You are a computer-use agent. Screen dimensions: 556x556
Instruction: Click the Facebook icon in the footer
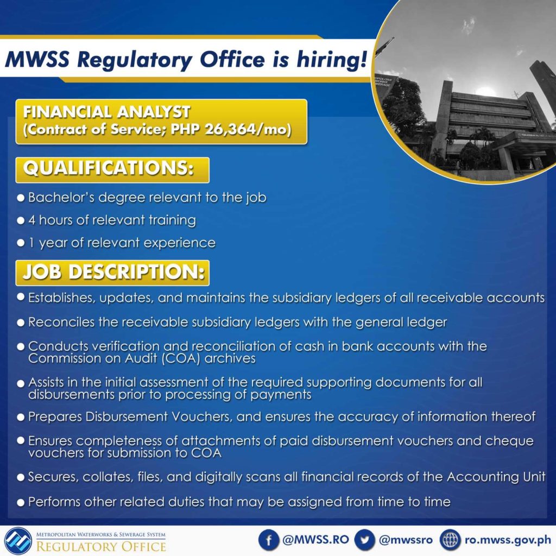pos(269,540)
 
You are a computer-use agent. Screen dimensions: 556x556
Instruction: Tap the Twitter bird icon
pos(364,540)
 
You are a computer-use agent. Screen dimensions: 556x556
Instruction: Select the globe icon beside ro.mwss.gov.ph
pos(450,540)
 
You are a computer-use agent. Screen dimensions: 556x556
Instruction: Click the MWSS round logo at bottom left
pos(18,541)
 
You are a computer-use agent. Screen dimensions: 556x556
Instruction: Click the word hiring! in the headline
pos(331,59)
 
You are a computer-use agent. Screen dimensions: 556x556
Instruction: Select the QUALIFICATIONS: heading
pos(109,168)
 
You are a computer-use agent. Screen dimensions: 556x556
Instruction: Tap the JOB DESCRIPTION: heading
pos(113,272)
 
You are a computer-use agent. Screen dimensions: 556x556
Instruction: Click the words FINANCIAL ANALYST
pos(107,112)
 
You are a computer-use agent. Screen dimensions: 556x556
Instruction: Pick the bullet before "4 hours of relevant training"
pos(21,220)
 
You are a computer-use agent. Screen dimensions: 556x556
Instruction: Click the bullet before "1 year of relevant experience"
pos(21,243)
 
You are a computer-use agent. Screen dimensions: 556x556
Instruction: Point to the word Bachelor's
pos(61,197)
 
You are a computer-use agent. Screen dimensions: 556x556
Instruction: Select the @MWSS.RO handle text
pos(315,540)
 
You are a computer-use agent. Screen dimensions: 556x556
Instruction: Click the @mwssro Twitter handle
pos(406,540)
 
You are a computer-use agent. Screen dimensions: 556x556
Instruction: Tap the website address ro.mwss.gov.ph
pos(508,540)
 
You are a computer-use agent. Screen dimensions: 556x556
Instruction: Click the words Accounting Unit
pos(496,477)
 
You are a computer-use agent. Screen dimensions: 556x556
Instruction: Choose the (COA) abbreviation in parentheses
pos(181,358)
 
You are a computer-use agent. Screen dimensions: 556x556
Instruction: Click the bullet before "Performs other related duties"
pos(21,502)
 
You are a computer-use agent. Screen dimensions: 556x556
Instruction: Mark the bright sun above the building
pos(485,91)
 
